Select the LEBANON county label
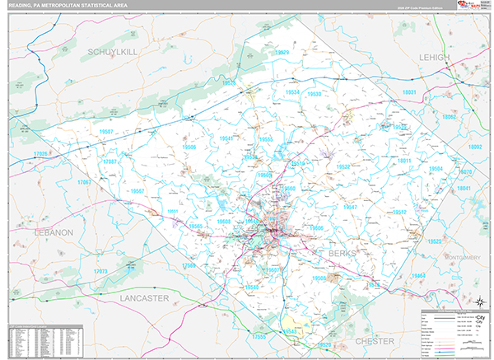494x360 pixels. [x=54, y=233]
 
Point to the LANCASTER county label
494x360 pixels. [x=143, y=297]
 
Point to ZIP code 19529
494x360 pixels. [x=282, y=52]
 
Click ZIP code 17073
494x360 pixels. [x=100, y=271]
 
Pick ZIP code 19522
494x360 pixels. [x=343, y=166]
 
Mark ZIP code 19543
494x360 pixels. [x=289, y=331]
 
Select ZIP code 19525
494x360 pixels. [x=436, y=241]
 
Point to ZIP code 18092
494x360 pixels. [x=475, y=147]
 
